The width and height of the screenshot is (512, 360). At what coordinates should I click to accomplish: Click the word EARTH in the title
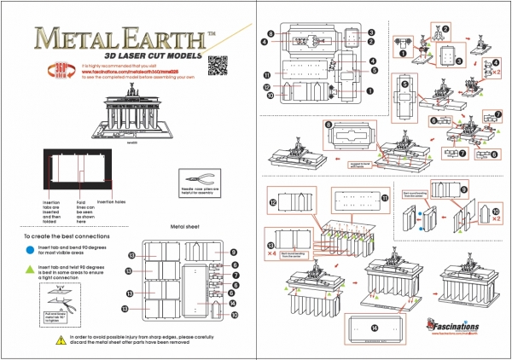click(163, 38)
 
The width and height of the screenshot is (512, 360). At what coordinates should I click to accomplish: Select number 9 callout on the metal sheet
click(232, 252)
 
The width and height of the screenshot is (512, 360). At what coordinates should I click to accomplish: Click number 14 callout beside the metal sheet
click(232, 301)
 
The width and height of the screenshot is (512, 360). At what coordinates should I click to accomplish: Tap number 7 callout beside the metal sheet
click(232, 276)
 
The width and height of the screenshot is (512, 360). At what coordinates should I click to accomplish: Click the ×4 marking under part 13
click(271, 253)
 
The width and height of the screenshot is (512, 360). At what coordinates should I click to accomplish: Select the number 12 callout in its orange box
click(273, 203)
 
